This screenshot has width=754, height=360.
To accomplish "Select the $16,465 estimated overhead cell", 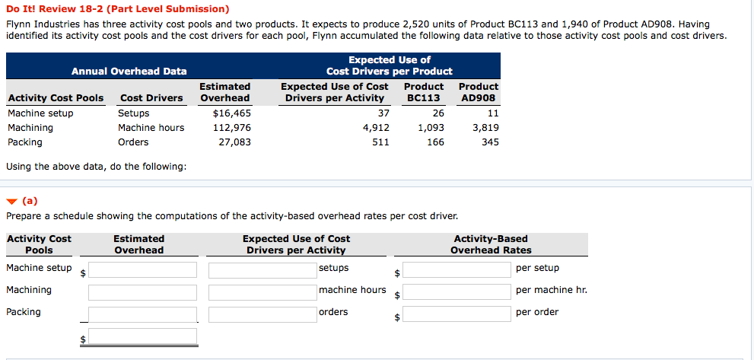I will click(x=232, y=113).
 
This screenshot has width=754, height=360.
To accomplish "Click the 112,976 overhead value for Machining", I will click(x=231, y=128).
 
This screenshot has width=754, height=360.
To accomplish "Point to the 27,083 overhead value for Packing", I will click(x=234, y=142).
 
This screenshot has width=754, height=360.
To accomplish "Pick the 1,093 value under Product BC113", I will click(x=431, y=128).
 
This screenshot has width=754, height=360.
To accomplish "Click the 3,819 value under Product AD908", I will click(x=485, y=128).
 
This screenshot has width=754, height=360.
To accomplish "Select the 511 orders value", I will click(x=380, y=142).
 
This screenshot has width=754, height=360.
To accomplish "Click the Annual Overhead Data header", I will click(x=129, y=72).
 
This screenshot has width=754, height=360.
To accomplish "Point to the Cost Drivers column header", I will click(x=151, y=98).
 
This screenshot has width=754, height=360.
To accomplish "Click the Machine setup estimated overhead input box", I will click(x=142, y=270).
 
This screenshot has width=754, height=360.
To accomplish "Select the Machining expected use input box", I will click(x=262, y=292).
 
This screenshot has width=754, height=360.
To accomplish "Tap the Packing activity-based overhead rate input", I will click(x=456, y=314).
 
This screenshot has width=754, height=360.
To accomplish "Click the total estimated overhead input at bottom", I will click(x=142, y=336).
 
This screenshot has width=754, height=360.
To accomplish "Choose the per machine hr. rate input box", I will click(x=456, y=292).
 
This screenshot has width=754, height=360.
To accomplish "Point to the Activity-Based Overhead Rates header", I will click(x=491, y=244).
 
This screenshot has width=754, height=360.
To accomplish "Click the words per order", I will click(x=536, y=312).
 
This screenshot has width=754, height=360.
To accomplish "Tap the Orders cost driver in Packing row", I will click(x=133, y=142).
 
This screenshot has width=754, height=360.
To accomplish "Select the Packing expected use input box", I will click(x=262, y=314).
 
